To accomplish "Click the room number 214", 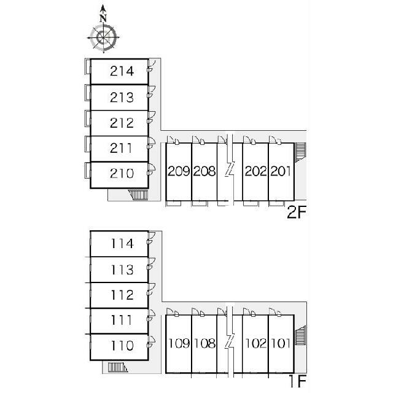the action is (122, 71).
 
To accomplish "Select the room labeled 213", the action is (122, 98).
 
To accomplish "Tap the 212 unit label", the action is (122, 123).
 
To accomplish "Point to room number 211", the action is (121, 148).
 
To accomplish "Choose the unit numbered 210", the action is (122, 173).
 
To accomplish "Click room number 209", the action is (179, 171).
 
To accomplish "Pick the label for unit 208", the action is (204, 171).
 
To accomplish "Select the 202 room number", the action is (255, 171).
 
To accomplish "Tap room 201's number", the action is (281, 171).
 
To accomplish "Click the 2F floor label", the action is (297, 213).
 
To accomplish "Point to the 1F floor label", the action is (298, 381).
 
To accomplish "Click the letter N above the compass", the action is (103, 18).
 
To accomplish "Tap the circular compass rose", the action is (103, 37).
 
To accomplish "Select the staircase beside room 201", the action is (301, 152).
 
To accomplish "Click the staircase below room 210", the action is (139, 195).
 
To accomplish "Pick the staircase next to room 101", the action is (301, 335).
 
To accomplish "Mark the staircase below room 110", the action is (118, 367).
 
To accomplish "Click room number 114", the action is (122, 244).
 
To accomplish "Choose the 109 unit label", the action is (179, 343).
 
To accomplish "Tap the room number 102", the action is (256, 343).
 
